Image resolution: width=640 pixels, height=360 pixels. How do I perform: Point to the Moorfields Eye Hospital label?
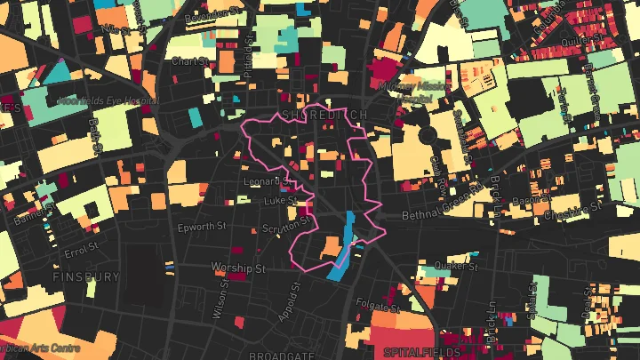(108, 100)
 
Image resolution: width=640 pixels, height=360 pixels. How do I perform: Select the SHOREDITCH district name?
(323, 116)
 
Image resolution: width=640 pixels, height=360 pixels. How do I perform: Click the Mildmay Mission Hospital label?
(412, 90)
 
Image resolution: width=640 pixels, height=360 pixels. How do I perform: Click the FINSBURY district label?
(86, 277)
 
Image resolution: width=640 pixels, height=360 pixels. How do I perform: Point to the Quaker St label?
(457, 265)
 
